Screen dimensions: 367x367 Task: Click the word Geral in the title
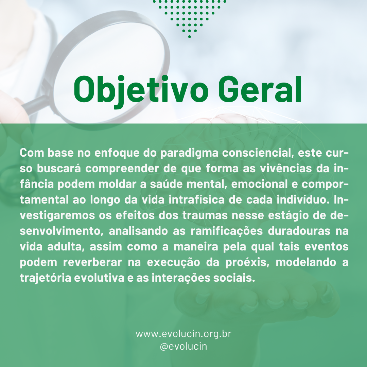click(x=260, y=89)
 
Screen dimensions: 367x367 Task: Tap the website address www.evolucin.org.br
click(x=183, y=334)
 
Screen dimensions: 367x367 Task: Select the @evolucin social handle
click(x=183, y=346)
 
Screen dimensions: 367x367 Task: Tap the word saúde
click(x=166, y=184)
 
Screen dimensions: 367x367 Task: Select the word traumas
click(x=205, y=215)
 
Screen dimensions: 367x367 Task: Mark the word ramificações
click(x=227, y=231)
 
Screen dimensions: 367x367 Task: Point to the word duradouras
click(x=299, y=231)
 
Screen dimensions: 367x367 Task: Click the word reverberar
click(x=92, y=262)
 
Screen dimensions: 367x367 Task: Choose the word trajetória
click(x=46, y=278)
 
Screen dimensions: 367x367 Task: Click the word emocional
click(x=259, y=184)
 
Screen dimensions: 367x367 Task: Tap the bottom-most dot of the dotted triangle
click(x=189, y=36)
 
